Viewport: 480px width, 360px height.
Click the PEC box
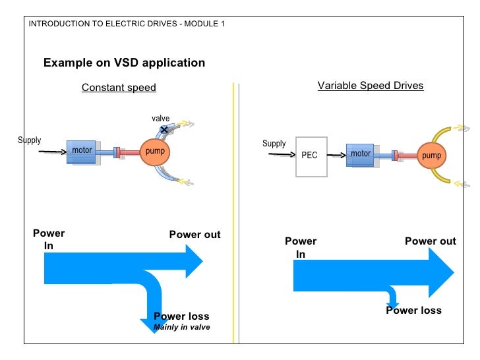(311, 157)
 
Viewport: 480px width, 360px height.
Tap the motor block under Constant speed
(82, 152)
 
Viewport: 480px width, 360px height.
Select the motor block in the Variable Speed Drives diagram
(360, 155)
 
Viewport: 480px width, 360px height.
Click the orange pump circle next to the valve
(154, 152)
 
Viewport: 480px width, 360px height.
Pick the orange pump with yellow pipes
(431, 156)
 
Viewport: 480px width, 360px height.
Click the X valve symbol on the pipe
(164, 129)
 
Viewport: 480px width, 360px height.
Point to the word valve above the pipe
(160, 119)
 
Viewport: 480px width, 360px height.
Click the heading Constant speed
(119, 88)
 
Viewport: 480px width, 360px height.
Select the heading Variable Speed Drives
(371, 86)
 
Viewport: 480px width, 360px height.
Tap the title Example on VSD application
(124, 63)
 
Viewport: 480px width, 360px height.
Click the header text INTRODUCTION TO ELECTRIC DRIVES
(103, 24)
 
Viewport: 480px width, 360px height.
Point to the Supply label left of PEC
(274, 144)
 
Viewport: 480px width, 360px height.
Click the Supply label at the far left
(30, 140)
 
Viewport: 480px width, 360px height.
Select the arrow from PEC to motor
(336, 155)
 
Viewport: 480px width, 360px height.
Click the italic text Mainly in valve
(182, 327)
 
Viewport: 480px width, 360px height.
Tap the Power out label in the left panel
(195, 235)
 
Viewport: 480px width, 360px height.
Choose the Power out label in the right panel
(431, 241)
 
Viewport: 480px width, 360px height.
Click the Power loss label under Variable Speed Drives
(413, 310)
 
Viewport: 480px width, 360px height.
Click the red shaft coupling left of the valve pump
(129, 152)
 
